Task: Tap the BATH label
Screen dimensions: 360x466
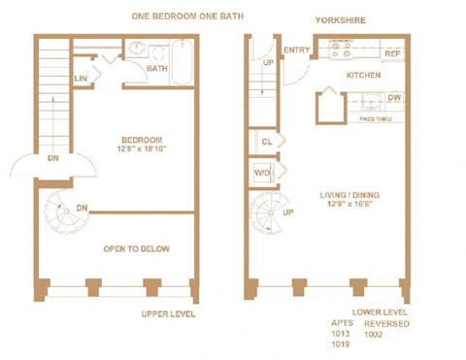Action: (157, 69)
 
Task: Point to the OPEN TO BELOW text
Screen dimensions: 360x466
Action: (137, 249)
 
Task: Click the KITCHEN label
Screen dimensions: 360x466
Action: (363, 75)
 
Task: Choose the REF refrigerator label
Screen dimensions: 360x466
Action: (392, 53)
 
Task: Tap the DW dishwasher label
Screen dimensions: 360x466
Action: (393, 98)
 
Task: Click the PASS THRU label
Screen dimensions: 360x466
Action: (375, 118)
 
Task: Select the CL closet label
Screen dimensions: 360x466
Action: (266, 142)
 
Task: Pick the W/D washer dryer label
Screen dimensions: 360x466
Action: (263, 173)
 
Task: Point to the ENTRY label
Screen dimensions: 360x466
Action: (296, 50)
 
